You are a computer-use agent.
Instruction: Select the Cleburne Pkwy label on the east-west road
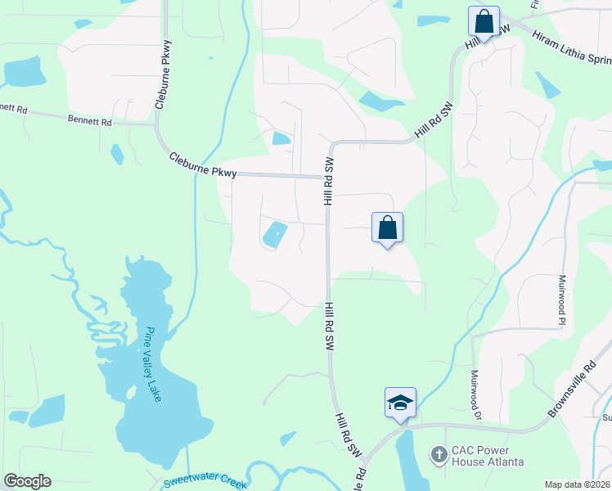203,164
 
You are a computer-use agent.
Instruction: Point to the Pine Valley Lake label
153,364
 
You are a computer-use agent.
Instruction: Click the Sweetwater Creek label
205,483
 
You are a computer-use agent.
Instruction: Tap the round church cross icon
439,454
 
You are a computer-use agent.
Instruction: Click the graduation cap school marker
400,403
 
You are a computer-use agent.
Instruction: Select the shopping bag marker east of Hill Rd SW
387,228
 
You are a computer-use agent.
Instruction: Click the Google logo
27,481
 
